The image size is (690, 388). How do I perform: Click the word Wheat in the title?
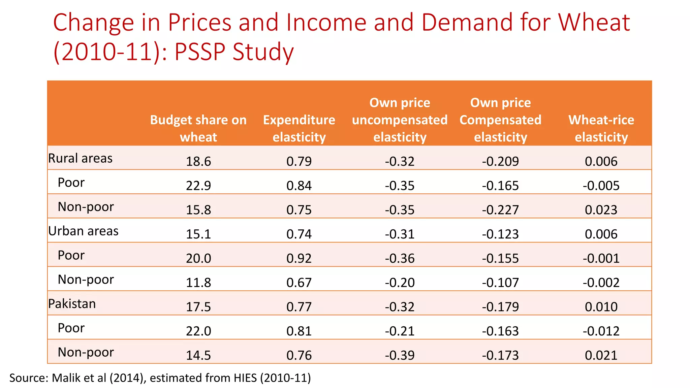(x=594, y=22)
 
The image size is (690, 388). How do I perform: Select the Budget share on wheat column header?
(x=198, y=128)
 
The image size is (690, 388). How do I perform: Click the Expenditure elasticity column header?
(x=299, y=128)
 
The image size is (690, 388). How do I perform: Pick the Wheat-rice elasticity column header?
(x=601, y=128)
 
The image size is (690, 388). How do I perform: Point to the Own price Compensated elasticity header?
(x=500, y=120)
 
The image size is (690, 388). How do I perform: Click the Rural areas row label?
(x=80, y=158)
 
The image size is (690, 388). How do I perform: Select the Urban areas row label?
(x=83, y=231)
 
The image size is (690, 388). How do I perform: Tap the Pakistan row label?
(x=72, y=303)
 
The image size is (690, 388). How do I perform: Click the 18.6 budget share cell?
(x=198, y=161)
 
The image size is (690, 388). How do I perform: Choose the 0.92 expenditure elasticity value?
(x=299, y=258)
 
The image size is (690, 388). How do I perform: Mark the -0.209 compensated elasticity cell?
(x=500, y=161)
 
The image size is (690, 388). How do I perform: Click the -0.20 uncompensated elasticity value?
(x=400, y=283)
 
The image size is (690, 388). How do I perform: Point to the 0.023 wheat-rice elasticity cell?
(x=601, y=210)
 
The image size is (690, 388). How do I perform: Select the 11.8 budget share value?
(x=198, y=283)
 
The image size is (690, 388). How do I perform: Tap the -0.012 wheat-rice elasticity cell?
(x=601, y=331)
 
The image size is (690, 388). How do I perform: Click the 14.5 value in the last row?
(x=198, y=355)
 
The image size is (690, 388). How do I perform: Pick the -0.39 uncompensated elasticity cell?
(x=400, y=355)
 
